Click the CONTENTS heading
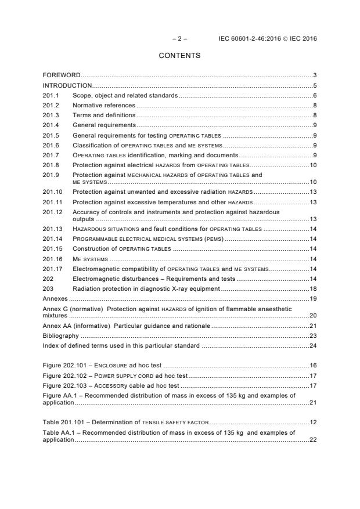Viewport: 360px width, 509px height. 179,56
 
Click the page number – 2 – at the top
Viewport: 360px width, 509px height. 180,39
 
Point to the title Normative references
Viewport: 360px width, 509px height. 103,105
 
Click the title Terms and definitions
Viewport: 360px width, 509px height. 102,115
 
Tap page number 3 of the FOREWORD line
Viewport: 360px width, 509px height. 314,75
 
